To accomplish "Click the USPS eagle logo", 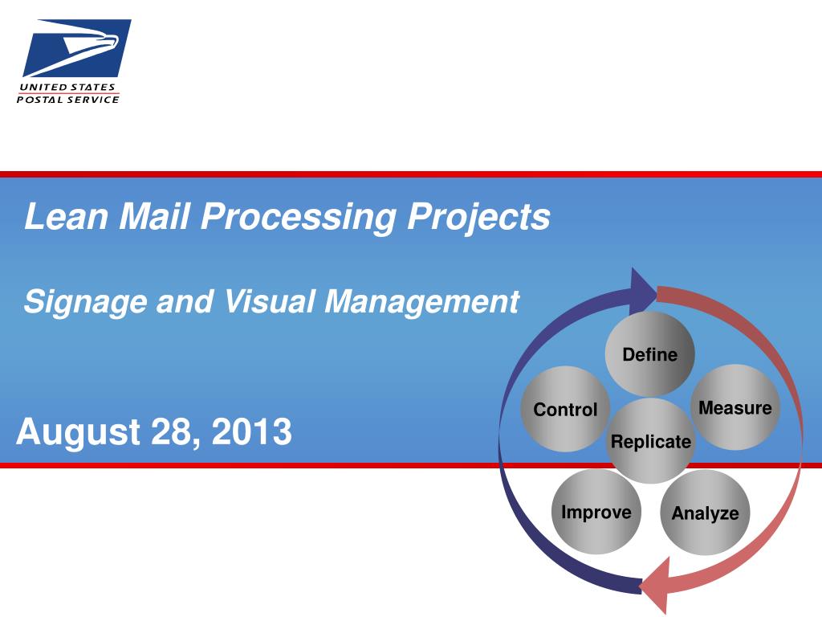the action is (76, 47).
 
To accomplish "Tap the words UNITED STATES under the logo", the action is (67, 87).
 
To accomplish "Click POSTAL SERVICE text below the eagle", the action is (68, 99).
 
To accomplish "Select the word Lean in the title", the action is (66, 216).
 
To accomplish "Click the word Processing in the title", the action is (299, 217).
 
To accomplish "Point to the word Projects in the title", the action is (478, 217).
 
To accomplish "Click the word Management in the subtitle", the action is (421, 302).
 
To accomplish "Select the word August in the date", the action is (78, 432).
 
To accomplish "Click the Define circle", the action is (650, 354).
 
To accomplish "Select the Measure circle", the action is (735, 407).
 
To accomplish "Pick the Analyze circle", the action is (705, 513).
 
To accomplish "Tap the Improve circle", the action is (596, 512).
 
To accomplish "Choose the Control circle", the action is (565, 409).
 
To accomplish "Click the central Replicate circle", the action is (650, 441).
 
